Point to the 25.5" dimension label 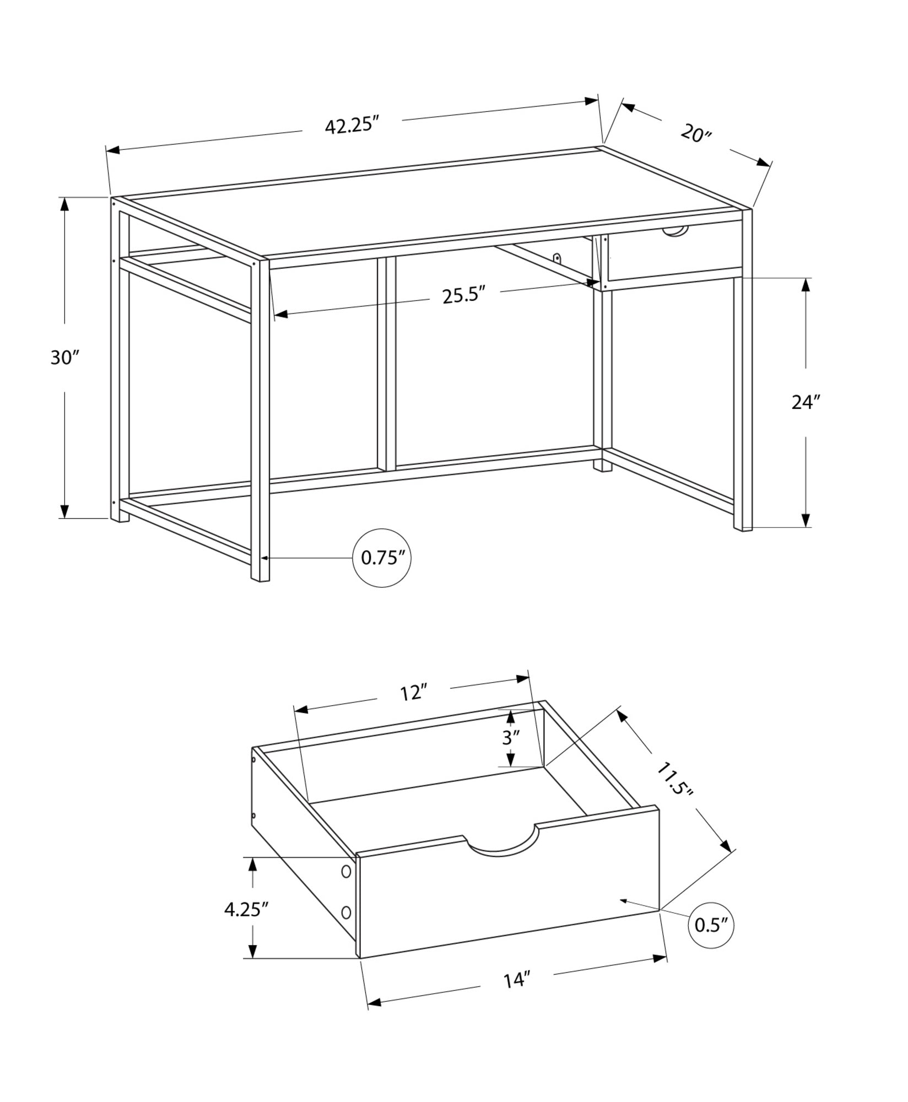pyautogui.click(x=464, y=295)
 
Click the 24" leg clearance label pyautogui.click(x=806, y=402)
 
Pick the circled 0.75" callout pyautogui.click(x=382, y=558)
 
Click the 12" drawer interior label pyautogui.click(x=414, y=693)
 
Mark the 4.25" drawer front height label pyautogui.click(x=246, y=909)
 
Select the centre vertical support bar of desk pyautogui.click(x=387, y=364)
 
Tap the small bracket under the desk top pyautogui.click(x=558, y=258)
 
